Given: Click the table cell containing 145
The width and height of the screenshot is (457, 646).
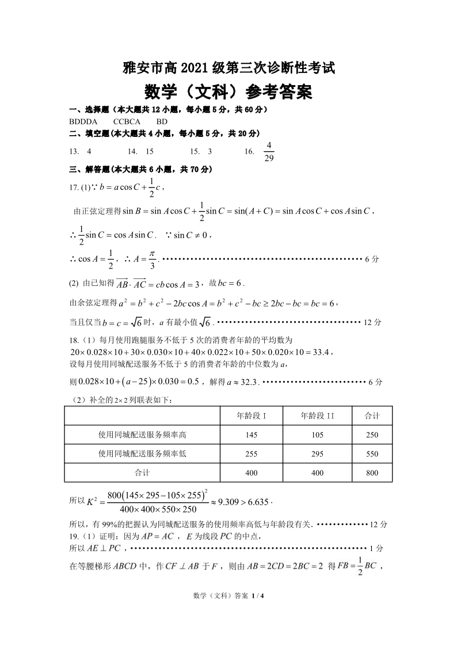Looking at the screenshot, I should [x=252, y=435].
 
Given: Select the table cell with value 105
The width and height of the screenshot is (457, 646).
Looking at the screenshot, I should [x=317, y=435].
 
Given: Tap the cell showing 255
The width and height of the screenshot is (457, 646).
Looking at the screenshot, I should [x=252, y=454].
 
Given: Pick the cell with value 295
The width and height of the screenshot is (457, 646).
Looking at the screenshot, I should [x=317, y=454].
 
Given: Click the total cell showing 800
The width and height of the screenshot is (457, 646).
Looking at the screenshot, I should [x=372, y=473].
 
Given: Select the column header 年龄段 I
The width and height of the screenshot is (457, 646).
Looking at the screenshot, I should [x=252, y=416].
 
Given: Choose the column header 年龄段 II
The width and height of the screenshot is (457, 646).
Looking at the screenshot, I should [x=317, y=416].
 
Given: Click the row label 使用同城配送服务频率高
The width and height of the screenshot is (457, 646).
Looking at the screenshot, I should [x=142, y=435].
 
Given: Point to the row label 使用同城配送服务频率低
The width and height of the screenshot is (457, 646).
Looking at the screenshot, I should [x=142, y=454].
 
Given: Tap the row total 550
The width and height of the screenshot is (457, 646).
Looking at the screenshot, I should [x=372, y=454].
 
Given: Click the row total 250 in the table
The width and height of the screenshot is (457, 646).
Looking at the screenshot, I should [x=372, y=435].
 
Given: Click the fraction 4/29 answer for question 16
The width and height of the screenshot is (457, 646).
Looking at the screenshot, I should [x=269, y=151].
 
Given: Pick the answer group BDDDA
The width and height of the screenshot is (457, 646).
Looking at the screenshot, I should [x=83, y=121].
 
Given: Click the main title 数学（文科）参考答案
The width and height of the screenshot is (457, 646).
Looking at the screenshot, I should [x=228, y=91].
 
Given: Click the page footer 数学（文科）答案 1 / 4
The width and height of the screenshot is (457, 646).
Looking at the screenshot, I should [x=228, y=595].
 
